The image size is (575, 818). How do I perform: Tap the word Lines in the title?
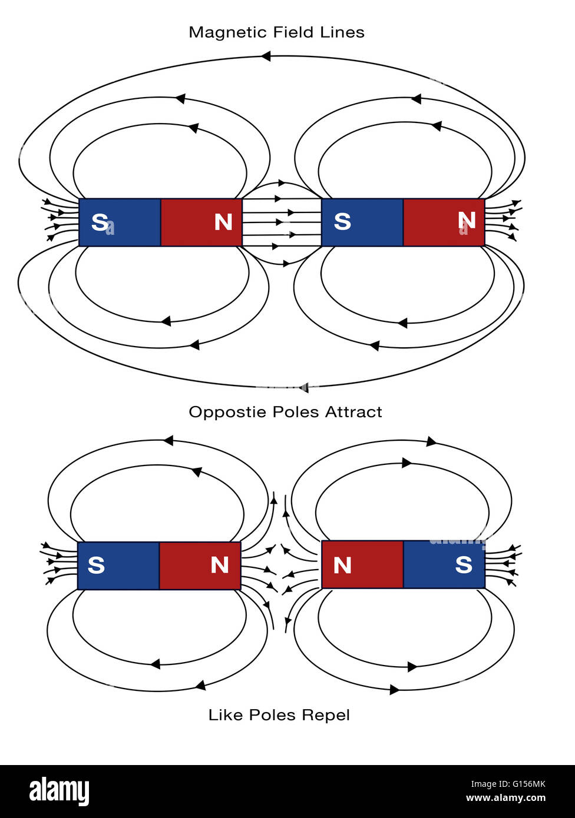click(343, 32)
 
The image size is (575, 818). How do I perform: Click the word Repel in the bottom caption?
click(326, 715)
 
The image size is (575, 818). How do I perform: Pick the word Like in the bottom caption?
click(226, 715)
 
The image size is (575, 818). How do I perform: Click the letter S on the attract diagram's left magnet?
click(100, 222)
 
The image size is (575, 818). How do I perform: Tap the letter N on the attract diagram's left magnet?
click(223, 222)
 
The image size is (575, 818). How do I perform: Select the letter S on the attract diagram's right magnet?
click(342, 222)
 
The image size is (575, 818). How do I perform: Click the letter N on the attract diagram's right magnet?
click(466, 221)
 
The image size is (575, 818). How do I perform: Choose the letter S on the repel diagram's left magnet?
click(96, 566)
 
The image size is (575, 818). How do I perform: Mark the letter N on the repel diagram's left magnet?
click(220, 566)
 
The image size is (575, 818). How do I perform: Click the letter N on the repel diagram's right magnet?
click(342, 566)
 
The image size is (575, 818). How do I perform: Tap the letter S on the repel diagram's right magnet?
click(464, 565)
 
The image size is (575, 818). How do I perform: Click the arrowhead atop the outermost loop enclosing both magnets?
click(266, 56)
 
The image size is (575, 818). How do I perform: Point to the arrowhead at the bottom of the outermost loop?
click(303, 387)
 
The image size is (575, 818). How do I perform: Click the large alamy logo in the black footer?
click(59, 792)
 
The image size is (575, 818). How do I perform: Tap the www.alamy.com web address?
click(505, 799)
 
